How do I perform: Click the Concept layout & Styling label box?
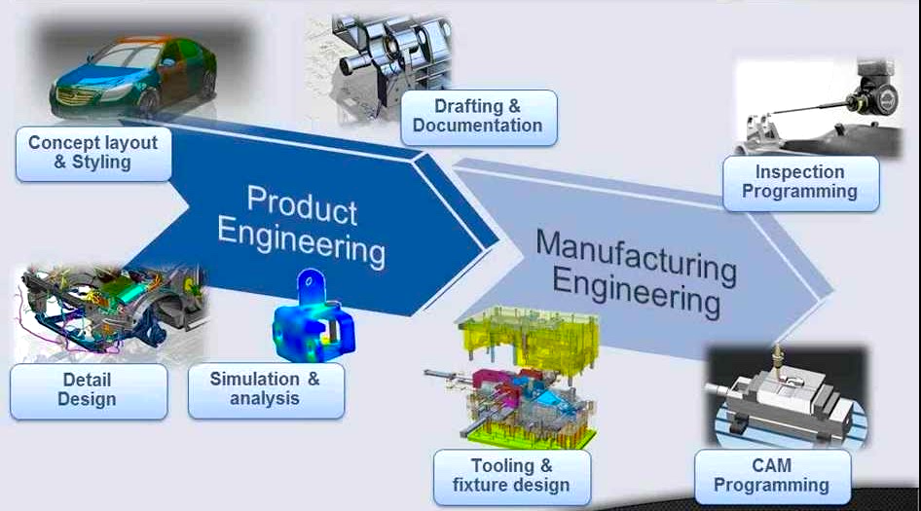(92, 153)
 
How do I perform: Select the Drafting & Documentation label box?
(477, 117)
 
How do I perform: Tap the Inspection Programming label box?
(799, 182)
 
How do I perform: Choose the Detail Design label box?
(87, 389)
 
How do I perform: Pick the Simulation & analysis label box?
(265, 388)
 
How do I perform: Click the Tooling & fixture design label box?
(511, 476)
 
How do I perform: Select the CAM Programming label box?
(770, 476)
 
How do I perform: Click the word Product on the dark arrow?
(302, 203)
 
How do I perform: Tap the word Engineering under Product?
(301, 241)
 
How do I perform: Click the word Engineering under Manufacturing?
(636, 291)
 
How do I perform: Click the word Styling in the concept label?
(101, 163)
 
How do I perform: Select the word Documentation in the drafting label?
(477, 126)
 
